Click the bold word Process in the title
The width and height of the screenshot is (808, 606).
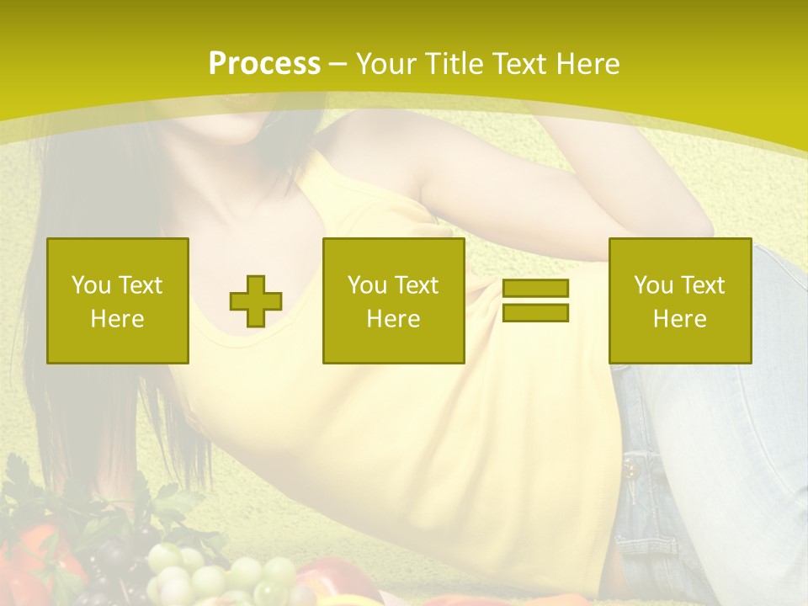pos(264,64)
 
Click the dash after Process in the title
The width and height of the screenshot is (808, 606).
pos(338,65)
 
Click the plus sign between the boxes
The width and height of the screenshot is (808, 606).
pos(256,300)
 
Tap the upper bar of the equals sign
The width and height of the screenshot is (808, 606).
pos(535,288)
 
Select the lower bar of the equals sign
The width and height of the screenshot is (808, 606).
pos(535,313)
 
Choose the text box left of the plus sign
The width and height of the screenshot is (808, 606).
pos(118,300)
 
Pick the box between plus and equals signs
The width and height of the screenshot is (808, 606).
pos(393,300)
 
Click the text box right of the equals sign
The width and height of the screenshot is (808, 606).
pos(680,300)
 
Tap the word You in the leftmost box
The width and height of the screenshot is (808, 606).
pos(89,285)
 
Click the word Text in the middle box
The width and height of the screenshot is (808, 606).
pos(417,285)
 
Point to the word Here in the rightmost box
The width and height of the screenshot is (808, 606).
pos(680,319)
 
